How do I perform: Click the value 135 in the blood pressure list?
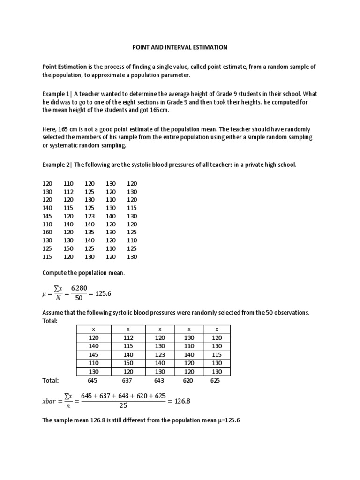(x=90, y=232)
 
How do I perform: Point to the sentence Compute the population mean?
(x=84, y=273)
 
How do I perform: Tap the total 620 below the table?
(x=188, y=380)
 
